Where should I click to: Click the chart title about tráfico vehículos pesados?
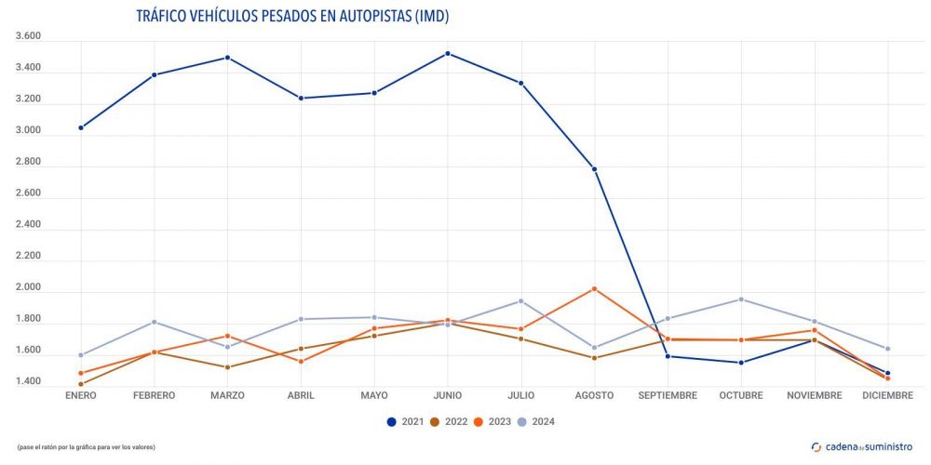[x=299, y=17]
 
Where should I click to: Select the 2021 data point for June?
[x=448, y=54]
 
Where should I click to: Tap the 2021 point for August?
[x=594, y=169]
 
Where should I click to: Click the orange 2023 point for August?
[x=594, y=289]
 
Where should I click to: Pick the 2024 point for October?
[x=741, y=299]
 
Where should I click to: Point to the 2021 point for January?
[x=81, y=127]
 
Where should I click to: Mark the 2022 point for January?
[x=81, y=384]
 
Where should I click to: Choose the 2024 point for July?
[x=521, y=301]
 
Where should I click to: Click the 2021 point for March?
[x=228, y=58]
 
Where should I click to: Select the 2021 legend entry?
[x=405, y=422]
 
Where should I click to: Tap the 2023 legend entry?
[x=493, y=422]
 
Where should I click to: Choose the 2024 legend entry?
[x=537, y=422]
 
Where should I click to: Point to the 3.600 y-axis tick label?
[x=29, y=36]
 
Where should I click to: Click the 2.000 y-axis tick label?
[x=29, y=287]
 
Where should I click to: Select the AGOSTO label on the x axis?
[x=594, y=395]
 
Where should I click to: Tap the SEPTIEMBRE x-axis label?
[x=668, y=395]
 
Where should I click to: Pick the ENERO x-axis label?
[x=81, y=395]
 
